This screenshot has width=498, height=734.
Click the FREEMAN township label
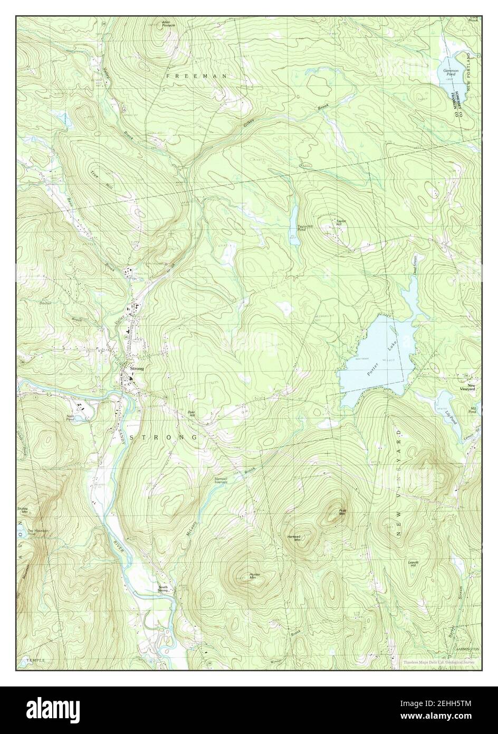pos(196,76)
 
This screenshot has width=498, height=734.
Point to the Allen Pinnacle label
pos(169,23)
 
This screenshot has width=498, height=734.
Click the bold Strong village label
pos(137,369)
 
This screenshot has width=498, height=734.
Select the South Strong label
pos(165,588)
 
